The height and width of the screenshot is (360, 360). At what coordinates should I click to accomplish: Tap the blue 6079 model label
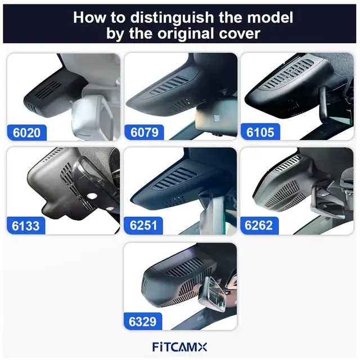pyautogui.click(x=143, y=133)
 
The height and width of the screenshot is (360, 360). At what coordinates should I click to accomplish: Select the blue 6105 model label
pyautogui.click(x=260, y=133)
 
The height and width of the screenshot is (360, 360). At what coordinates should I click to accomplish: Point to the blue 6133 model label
pyautogui.click(x=26, y=226)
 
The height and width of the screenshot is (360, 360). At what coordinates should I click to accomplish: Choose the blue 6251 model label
pyautogui.click(x=143, y=226)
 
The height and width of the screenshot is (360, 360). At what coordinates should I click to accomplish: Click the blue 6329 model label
pyautogui.click(x=143, y=322)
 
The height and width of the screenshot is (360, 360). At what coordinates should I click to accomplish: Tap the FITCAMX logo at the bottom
pyautogui.click(x=180, y=347)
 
